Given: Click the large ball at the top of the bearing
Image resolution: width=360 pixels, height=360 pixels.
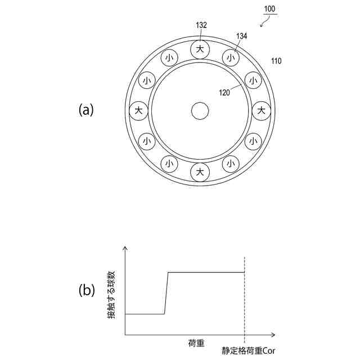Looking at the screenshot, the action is (200, 49).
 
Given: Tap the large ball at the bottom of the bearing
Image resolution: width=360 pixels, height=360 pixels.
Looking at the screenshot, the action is (200, 172).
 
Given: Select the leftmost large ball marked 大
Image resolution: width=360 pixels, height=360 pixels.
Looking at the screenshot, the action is (138, 110).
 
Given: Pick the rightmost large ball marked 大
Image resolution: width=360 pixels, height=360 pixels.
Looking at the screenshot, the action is (261, 110).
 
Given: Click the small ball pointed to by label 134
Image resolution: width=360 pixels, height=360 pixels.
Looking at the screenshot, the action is (230, 57).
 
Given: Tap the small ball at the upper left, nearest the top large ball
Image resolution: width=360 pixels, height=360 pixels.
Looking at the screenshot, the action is (169, 57).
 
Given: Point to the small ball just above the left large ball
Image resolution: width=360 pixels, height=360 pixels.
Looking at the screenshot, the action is (146, 80).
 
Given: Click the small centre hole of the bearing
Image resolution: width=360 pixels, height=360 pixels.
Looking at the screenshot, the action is (200, 110).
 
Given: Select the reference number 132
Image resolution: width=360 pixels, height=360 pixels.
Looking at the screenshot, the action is (201, 25).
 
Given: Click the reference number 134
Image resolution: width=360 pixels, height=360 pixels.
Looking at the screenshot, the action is (241, 36).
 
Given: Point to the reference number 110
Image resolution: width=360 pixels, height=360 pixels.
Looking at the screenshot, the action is (276, 61).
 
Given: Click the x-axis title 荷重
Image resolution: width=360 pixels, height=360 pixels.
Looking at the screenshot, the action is (196, 343).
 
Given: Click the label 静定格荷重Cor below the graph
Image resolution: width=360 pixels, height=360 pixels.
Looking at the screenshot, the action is (247, 350).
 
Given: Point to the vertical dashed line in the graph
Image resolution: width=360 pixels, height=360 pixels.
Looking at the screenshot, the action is (245, 298).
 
